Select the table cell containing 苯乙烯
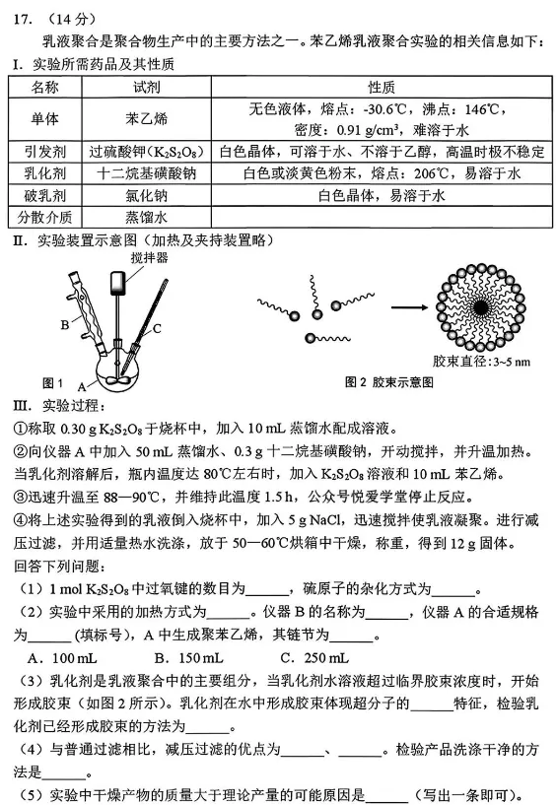point(146,118)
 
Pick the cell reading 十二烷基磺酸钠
point(146,173)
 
